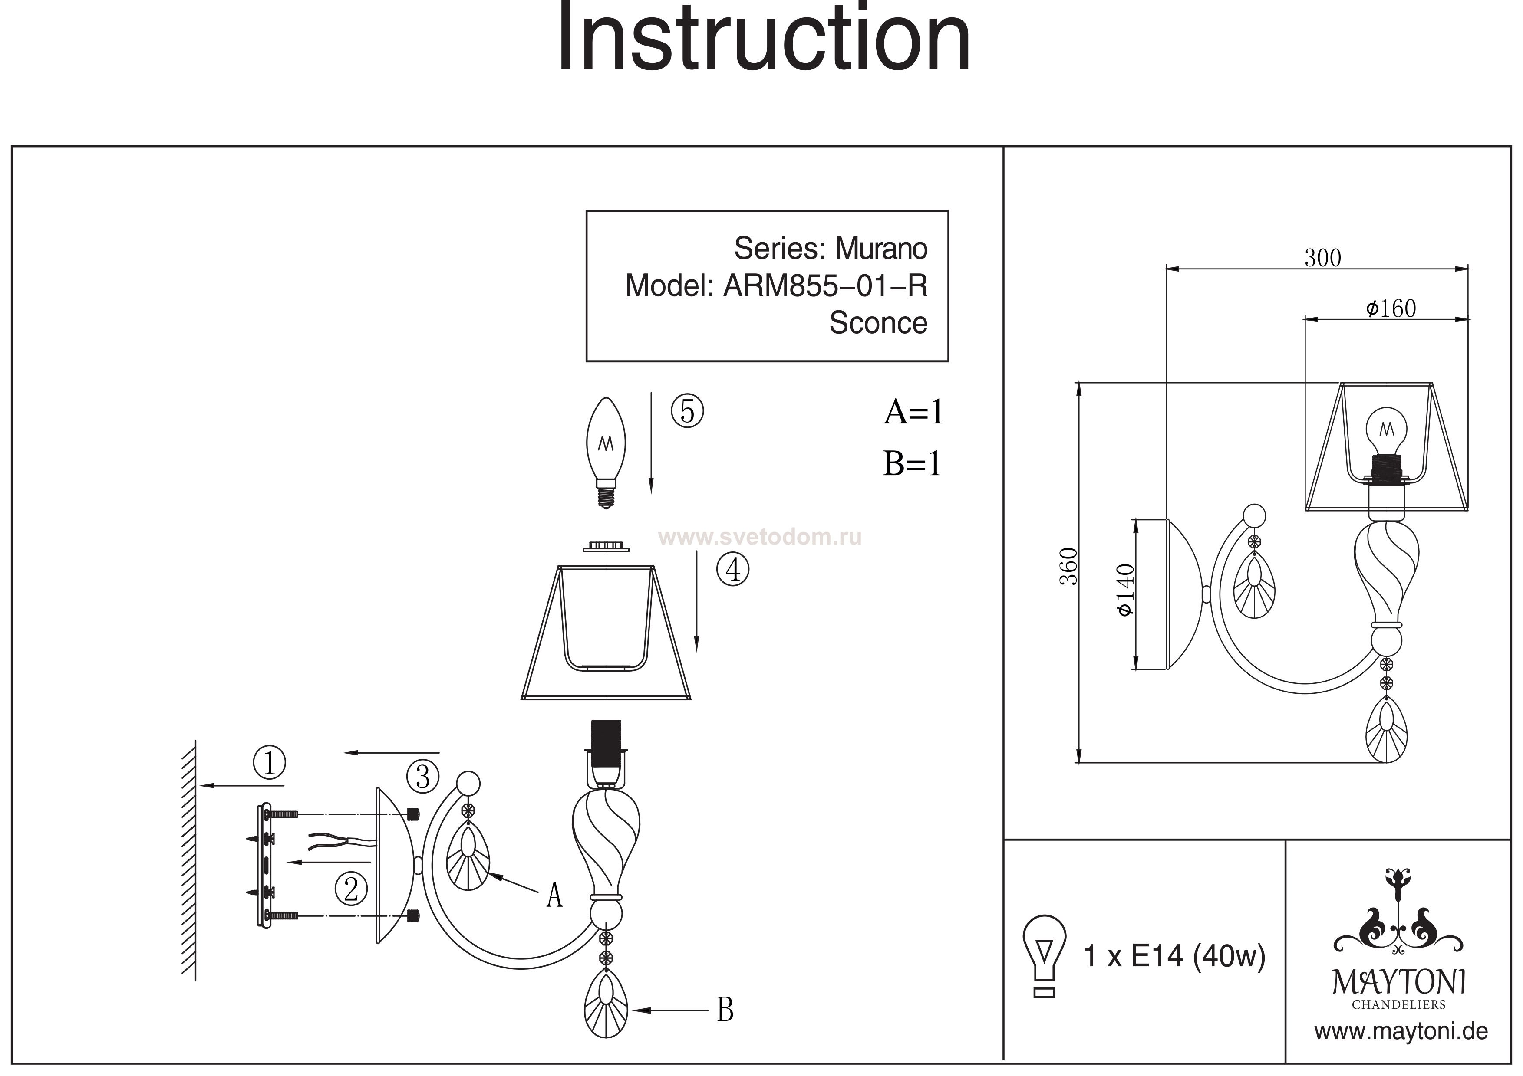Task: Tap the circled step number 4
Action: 733,570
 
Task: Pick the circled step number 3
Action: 422,776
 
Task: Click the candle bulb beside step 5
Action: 606,450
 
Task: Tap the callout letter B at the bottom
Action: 725,1010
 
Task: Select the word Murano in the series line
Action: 881,249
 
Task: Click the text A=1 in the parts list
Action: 913,412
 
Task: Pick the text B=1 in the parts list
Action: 912,463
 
